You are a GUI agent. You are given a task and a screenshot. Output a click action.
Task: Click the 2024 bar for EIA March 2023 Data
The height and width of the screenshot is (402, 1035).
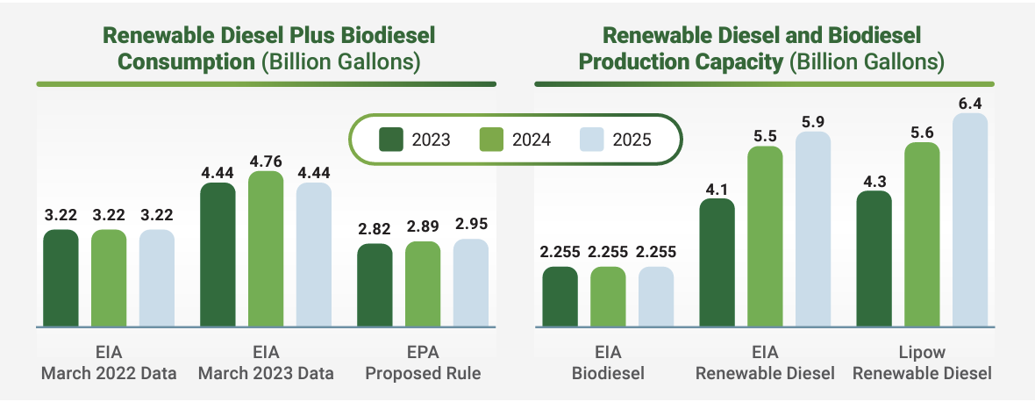266,249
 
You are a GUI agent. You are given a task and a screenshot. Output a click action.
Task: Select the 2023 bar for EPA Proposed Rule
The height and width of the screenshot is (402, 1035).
375,285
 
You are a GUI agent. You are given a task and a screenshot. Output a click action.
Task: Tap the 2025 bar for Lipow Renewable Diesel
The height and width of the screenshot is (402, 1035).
970,219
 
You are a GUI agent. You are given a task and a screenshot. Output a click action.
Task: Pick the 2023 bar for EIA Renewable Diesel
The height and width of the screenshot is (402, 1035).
717,262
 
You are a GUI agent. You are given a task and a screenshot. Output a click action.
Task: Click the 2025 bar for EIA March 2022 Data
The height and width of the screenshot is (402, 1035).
157,278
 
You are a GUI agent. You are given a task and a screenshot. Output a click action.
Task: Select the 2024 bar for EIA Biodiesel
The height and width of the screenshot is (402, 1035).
608,297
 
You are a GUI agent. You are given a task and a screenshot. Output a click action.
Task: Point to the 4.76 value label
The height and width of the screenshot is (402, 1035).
266,161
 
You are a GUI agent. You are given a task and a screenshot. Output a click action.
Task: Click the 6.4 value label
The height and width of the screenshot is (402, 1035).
970,103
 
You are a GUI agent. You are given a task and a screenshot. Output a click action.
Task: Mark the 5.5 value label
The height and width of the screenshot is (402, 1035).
765,136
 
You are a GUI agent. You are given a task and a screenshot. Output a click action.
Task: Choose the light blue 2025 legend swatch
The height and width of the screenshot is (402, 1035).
592,139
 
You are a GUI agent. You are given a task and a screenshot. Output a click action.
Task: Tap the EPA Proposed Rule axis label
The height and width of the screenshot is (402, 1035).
423,363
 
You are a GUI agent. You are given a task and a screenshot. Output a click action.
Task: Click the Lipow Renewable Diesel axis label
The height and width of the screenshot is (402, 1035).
922,363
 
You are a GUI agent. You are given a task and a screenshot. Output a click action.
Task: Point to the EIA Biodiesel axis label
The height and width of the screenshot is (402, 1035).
608,363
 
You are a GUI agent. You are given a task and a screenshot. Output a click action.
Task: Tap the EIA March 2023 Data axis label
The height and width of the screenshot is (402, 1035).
266,363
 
